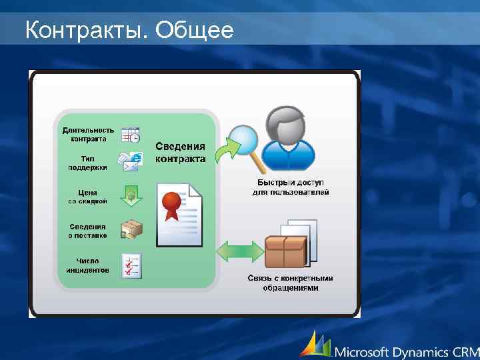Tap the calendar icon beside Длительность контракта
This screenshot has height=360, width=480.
click(x=130, y=134)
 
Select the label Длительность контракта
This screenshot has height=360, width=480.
click(x=88, y=134)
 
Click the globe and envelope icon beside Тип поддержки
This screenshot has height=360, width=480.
click(x=131, y=162)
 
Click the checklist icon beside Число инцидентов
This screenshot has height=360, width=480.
click(x=131, y=265)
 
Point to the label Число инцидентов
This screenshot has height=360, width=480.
click(x=87, y=265)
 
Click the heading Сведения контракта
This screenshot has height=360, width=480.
click(x=181, y=152)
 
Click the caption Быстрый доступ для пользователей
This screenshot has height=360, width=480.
click(x=291, y=187)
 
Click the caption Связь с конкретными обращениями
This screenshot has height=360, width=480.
click(x=291, y=283)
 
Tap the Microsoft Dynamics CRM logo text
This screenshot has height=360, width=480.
click(x=407, y=351)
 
